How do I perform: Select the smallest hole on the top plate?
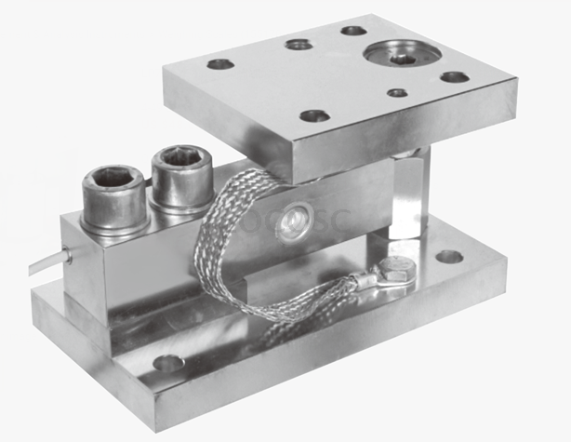pyautogui.click(x=397, y=92)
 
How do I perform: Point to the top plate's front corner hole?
pyautogui.click(x=314, y=115)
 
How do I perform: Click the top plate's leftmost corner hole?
pyautogui.click(x=219, y=64)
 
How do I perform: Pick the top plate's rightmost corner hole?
pyautogui.click(x=454, y=76)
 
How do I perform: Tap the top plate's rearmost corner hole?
pyautogui.click(x=353, y=30)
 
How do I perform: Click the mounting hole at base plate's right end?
pyautogui.click(x=449, y=256)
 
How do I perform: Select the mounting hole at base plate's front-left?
pyautogui.click(x=168, y=362)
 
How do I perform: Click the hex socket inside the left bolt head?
pyautogui.click(x=112, y=177)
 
